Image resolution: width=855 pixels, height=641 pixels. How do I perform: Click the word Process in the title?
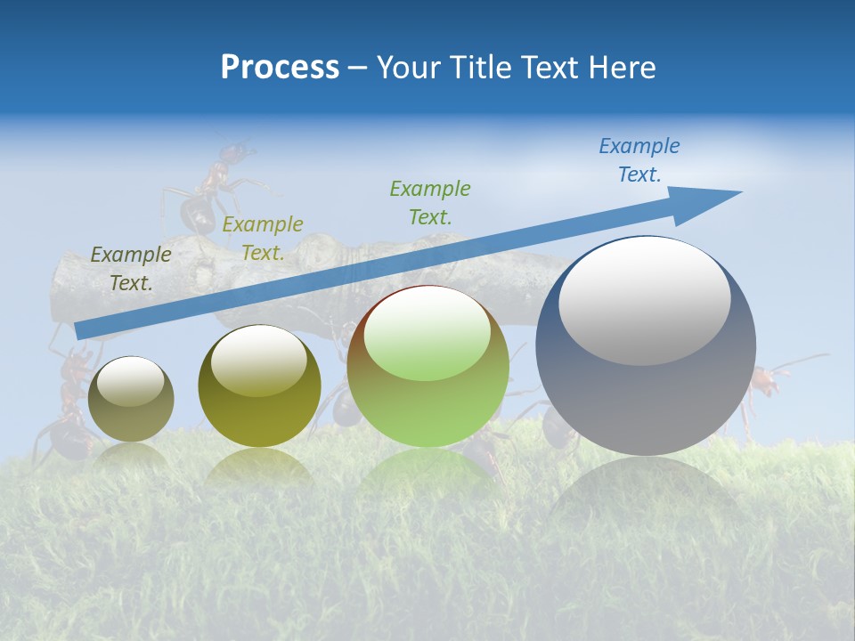(x=280, y=68)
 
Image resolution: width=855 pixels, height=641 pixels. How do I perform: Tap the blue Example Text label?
(x=639, y=160)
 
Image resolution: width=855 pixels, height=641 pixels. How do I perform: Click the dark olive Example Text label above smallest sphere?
(x=131, y=268)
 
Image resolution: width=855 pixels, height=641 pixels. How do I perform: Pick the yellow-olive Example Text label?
(x=263, y=239)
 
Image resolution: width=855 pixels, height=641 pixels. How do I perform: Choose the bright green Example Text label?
(x=429, y=202)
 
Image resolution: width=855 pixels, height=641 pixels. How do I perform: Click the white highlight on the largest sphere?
(x=644, y=301)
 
